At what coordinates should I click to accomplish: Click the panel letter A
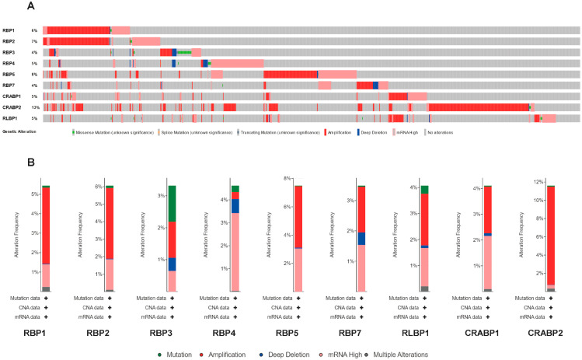click(30, 6)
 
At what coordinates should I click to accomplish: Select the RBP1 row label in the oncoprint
click(9, 30)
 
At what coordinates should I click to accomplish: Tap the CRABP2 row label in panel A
click(12, 107)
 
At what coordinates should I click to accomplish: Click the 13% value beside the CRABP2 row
click(35, 107)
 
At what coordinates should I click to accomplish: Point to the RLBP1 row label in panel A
click(10, 118)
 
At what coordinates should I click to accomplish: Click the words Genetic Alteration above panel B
click(19, 133)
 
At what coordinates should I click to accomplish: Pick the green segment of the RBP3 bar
click(172, 203)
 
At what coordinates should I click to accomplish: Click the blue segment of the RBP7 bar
click(361, 238)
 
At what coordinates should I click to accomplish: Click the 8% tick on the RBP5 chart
click(288, 179)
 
